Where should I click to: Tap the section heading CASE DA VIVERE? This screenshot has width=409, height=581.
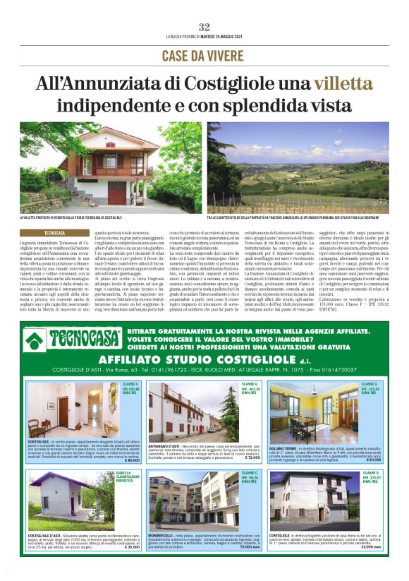[x=204, y=56]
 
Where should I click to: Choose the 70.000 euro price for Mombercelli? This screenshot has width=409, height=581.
[x=249, y=547]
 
